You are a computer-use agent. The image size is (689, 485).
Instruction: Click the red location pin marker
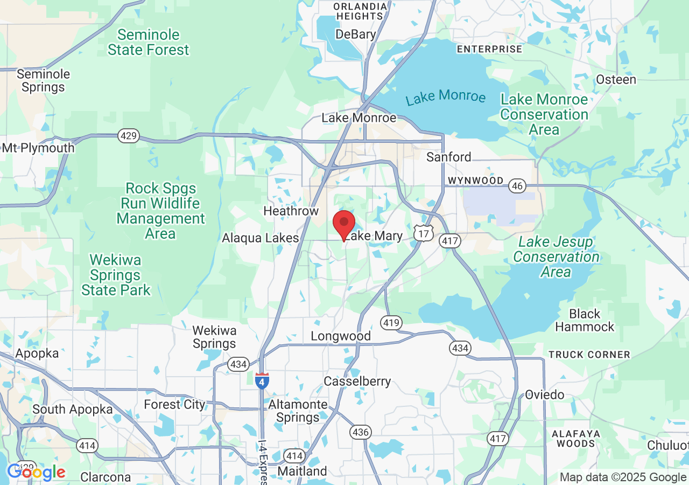344,224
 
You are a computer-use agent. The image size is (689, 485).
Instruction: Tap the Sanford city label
448,157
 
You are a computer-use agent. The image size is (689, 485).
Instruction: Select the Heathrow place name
291,211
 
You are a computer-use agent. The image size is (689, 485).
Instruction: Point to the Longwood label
341,336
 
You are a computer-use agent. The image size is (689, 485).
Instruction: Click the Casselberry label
357,382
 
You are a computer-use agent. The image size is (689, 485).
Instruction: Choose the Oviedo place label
544,394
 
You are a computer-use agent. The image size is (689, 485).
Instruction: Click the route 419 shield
391,323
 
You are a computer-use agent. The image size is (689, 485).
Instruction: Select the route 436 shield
360,432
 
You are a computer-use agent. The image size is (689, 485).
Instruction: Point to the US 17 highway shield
423,233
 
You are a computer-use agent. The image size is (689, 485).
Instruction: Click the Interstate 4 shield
262,380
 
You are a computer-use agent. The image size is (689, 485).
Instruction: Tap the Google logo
36,472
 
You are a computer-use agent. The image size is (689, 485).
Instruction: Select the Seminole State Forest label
148,43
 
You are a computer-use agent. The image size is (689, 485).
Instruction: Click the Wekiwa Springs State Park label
116,275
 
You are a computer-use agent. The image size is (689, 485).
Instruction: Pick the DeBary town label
355,34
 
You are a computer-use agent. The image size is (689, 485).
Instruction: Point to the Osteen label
616,80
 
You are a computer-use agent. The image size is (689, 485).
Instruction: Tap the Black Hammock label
585,320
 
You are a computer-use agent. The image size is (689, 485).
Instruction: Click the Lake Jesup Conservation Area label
556,257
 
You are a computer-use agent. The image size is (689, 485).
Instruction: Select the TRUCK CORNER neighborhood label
589,355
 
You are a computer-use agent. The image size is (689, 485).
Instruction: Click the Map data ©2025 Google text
623,477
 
